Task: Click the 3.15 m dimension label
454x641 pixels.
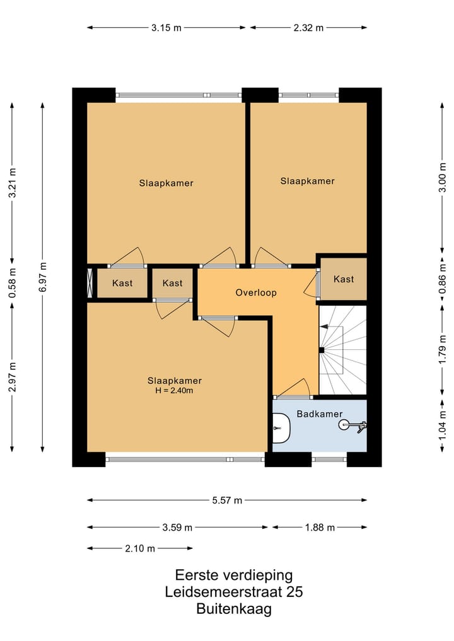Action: (166, 28)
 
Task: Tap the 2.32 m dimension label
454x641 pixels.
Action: (308, 28)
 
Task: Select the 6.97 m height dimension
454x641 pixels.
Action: (43, 277)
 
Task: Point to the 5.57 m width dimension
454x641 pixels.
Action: (227, 500)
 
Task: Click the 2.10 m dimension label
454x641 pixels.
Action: (140, 548)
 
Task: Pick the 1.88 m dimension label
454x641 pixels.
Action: (320, 528)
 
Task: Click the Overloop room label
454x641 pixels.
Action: (256, 292)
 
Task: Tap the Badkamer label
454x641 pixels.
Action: (320, 413)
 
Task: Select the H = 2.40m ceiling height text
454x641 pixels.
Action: (174, 390)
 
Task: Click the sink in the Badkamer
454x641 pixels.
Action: (281, 428)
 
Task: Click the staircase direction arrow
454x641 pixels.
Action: (324, 327)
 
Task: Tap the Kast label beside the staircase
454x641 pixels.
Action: (344, 279)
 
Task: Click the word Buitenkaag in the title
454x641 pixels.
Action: (234, 609)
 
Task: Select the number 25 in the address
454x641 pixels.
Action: (294, 592)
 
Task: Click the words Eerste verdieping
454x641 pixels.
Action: (234, 575)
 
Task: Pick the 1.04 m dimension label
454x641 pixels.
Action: (443, 426)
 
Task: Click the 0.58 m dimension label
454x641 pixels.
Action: (12, 282)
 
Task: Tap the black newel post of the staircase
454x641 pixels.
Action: (322, 350)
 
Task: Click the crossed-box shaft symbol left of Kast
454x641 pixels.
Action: (90, 283)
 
